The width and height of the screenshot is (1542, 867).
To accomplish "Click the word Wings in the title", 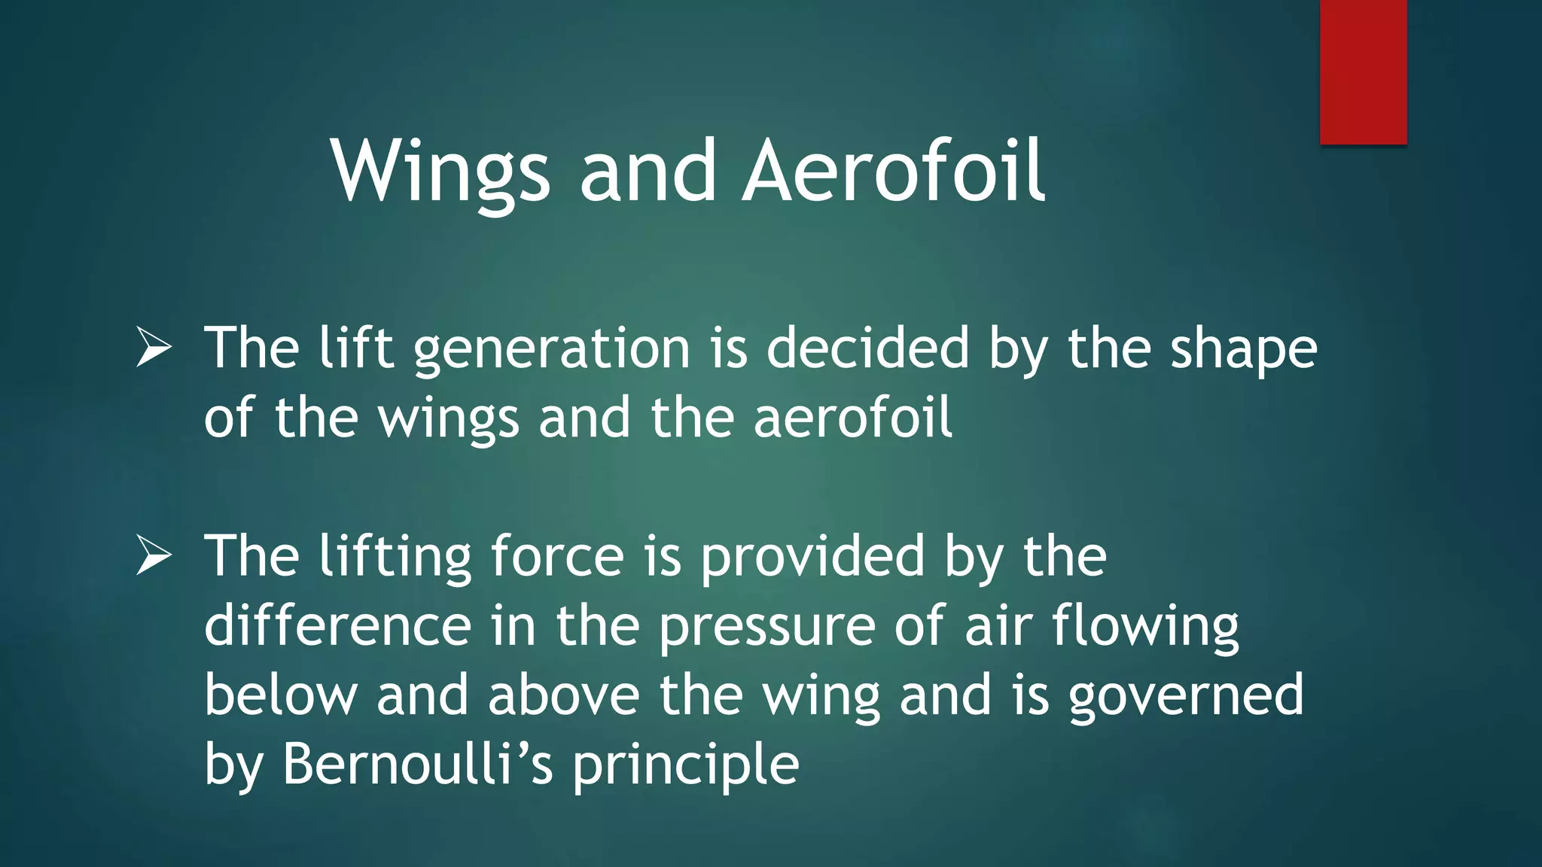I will coord(440,173).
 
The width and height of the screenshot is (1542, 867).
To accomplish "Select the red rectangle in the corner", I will coord(1363,71).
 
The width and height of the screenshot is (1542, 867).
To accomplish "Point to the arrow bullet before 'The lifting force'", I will coord(154,557).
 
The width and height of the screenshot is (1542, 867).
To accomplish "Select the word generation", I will coord(552,350).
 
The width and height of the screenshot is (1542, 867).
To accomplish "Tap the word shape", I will coord(1243,351).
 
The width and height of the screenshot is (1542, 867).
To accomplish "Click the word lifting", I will coord(395,558).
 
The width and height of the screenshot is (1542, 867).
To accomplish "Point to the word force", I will coord(557,557).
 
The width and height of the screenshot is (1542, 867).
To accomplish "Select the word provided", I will coord(812,558).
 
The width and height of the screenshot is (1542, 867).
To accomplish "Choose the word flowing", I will coord(1145,627).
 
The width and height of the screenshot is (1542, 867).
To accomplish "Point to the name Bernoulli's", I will coord(418,765).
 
